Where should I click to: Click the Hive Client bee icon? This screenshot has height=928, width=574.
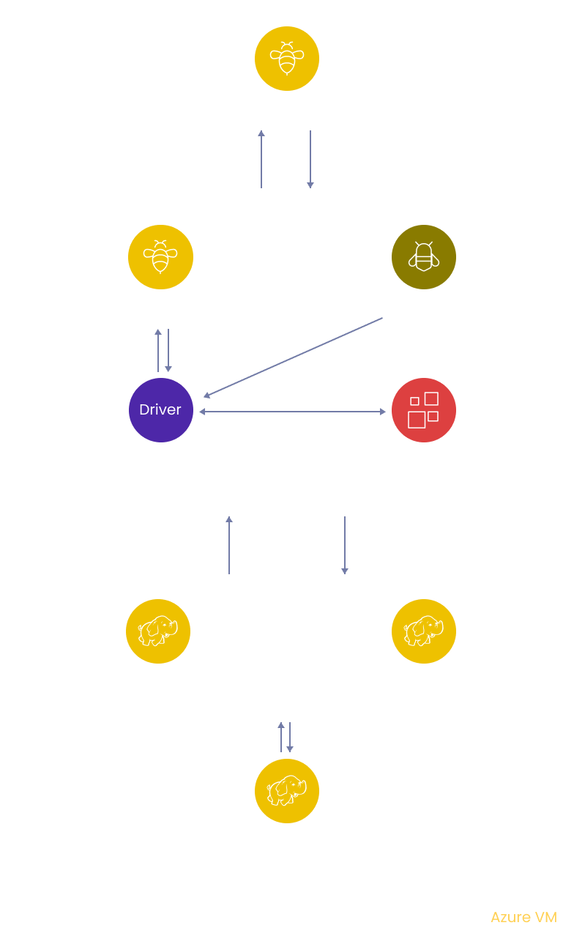(287, 59)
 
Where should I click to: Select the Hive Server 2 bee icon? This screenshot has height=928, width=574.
(160, 257)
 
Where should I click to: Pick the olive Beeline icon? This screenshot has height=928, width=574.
(424, 257)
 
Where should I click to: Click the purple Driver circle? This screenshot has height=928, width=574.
(160, 410)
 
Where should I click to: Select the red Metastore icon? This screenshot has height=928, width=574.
(424, 410)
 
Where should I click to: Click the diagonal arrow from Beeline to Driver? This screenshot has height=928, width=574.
(293, 357)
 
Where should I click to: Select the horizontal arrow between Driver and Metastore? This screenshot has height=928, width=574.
(292, 412)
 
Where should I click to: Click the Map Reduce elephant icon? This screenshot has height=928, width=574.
(158, 631)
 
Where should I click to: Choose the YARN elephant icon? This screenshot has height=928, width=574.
(424, 631)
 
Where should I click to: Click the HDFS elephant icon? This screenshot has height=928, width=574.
(287, 791)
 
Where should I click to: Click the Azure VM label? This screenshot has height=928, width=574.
(523, 917)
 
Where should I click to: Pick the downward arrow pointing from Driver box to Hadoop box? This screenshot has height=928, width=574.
(345, 545)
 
